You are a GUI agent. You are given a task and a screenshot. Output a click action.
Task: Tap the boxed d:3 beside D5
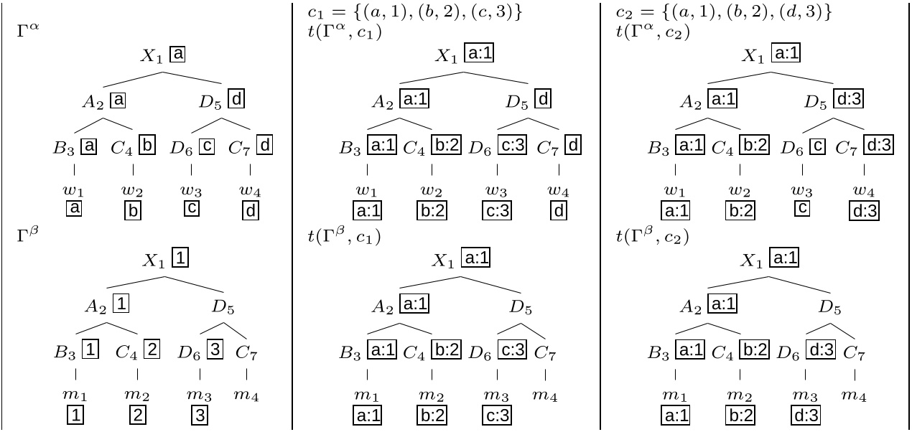(x=847, y=100)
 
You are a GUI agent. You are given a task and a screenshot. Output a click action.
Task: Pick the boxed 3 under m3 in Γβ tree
(x=200, y=415)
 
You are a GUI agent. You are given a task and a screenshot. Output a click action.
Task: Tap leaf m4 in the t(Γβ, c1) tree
(x=546, y=395)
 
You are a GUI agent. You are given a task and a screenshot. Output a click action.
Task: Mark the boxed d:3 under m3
(x=805, y=415)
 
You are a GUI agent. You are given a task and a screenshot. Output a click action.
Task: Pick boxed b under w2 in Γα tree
(x=133, y=210)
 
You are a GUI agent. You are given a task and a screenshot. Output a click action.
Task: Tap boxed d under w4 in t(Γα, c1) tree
(x=559, y=210)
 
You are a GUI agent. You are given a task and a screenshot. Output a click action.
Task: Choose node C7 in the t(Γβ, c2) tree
(x=853, y=353)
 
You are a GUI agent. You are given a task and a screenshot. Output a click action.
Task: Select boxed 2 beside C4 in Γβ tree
(x=152, y=352)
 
